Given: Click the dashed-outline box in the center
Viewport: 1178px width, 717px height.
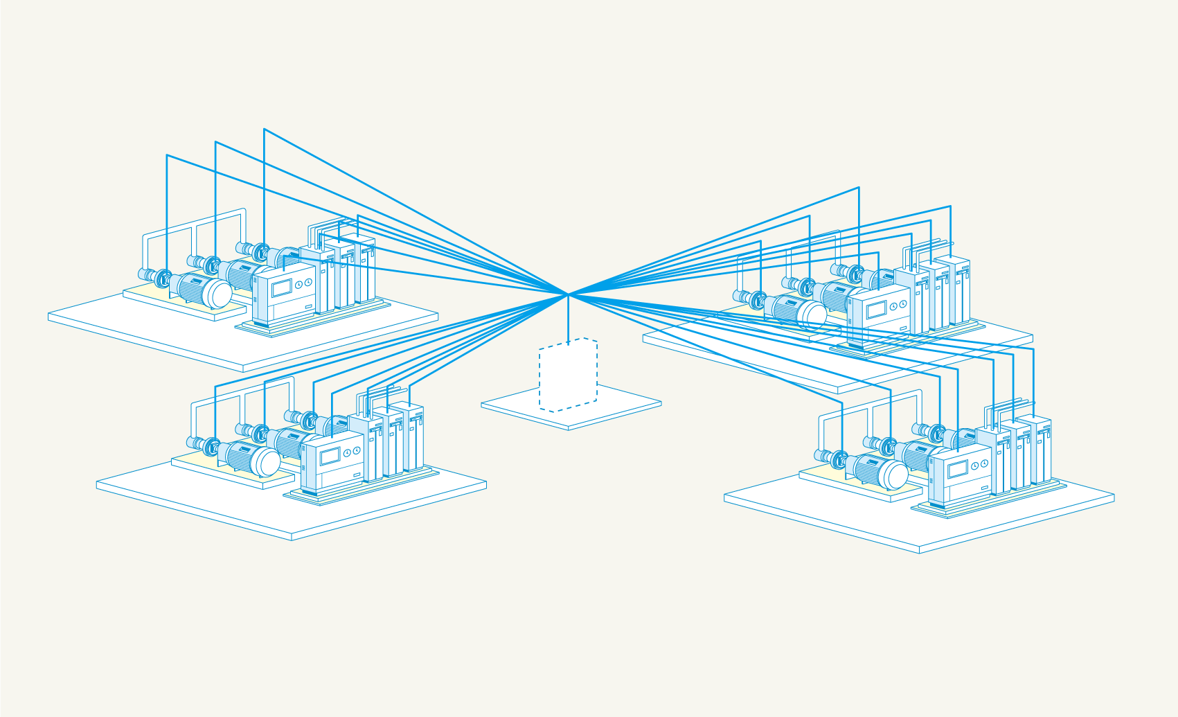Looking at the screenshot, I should click(x=568, y=375).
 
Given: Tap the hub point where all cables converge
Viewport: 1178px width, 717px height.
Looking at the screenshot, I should click(x=568, y=294).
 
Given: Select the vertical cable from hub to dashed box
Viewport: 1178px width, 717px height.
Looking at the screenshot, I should click(x=568, y=319).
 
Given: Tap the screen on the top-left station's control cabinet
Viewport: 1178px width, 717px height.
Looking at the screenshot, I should click(x=281, y=288).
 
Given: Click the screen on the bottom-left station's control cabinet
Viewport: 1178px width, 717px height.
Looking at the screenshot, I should click(x=330, y=457).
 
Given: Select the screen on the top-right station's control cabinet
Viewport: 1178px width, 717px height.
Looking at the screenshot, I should click(x=876, y=310).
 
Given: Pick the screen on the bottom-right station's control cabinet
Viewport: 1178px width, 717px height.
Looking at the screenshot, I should click(x=957, y=469).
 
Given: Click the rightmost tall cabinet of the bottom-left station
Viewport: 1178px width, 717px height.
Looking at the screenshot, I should click(x=416, y=436).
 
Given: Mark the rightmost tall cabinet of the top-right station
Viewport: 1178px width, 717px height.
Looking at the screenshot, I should click(x=961, y=291).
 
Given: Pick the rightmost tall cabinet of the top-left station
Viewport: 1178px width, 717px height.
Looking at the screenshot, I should click(x=367, y=270).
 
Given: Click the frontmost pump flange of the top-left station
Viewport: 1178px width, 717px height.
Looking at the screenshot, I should click(x=163, y=278).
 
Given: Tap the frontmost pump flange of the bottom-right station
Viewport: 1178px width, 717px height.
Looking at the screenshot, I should click(x=840, y=459).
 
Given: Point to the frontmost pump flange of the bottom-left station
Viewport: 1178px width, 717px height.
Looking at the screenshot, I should click(x=212, y=447).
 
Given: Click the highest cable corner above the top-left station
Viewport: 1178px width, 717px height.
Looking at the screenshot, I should click(x=264, y=129).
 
